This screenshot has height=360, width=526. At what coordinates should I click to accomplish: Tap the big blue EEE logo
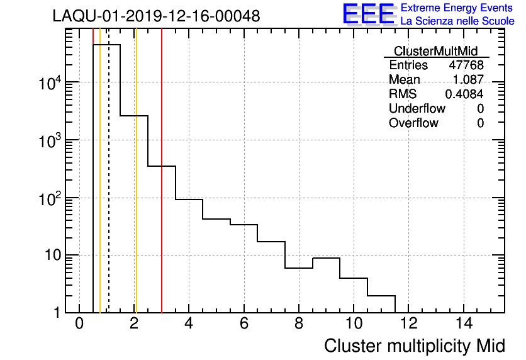(369, 14)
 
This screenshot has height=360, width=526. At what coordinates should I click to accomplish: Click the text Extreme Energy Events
(457, 8)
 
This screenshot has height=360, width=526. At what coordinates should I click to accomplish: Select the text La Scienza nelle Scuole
(457, 21)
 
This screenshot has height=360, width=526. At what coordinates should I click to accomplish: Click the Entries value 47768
(466, 65)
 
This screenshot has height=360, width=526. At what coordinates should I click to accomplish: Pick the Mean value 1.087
(468, 80)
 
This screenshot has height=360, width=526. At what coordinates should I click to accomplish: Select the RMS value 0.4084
(464, 94)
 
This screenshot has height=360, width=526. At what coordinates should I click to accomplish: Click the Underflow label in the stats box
(417, 108)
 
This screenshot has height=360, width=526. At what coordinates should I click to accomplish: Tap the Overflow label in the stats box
(413, 123)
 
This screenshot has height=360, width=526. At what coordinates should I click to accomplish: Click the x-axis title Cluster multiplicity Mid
(414, 346)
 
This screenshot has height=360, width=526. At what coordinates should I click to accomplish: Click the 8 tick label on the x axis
(299, 324)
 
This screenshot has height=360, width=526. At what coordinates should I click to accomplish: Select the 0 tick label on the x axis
(79, 324)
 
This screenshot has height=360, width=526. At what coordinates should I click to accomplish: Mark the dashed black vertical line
(109, 189)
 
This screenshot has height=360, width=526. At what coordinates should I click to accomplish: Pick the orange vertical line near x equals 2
(135, 189)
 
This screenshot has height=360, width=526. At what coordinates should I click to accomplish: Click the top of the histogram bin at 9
(326, 258)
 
